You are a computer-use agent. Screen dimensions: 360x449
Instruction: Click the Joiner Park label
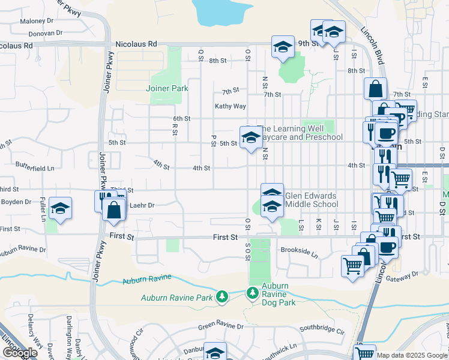167,88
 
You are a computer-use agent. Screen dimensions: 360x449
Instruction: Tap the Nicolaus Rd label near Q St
136,44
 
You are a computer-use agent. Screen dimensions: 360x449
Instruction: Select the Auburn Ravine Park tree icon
222,297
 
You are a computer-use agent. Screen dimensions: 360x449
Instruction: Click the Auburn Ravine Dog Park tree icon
253,292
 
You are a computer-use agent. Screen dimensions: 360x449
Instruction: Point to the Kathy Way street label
231,106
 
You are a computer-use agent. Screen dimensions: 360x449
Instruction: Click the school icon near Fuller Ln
60,208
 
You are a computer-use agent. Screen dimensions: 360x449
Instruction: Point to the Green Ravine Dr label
221,326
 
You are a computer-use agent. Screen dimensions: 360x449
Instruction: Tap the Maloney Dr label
37,21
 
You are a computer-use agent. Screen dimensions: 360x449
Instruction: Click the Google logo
20,353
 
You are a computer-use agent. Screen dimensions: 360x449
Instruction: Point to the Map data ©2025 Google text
412,355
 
